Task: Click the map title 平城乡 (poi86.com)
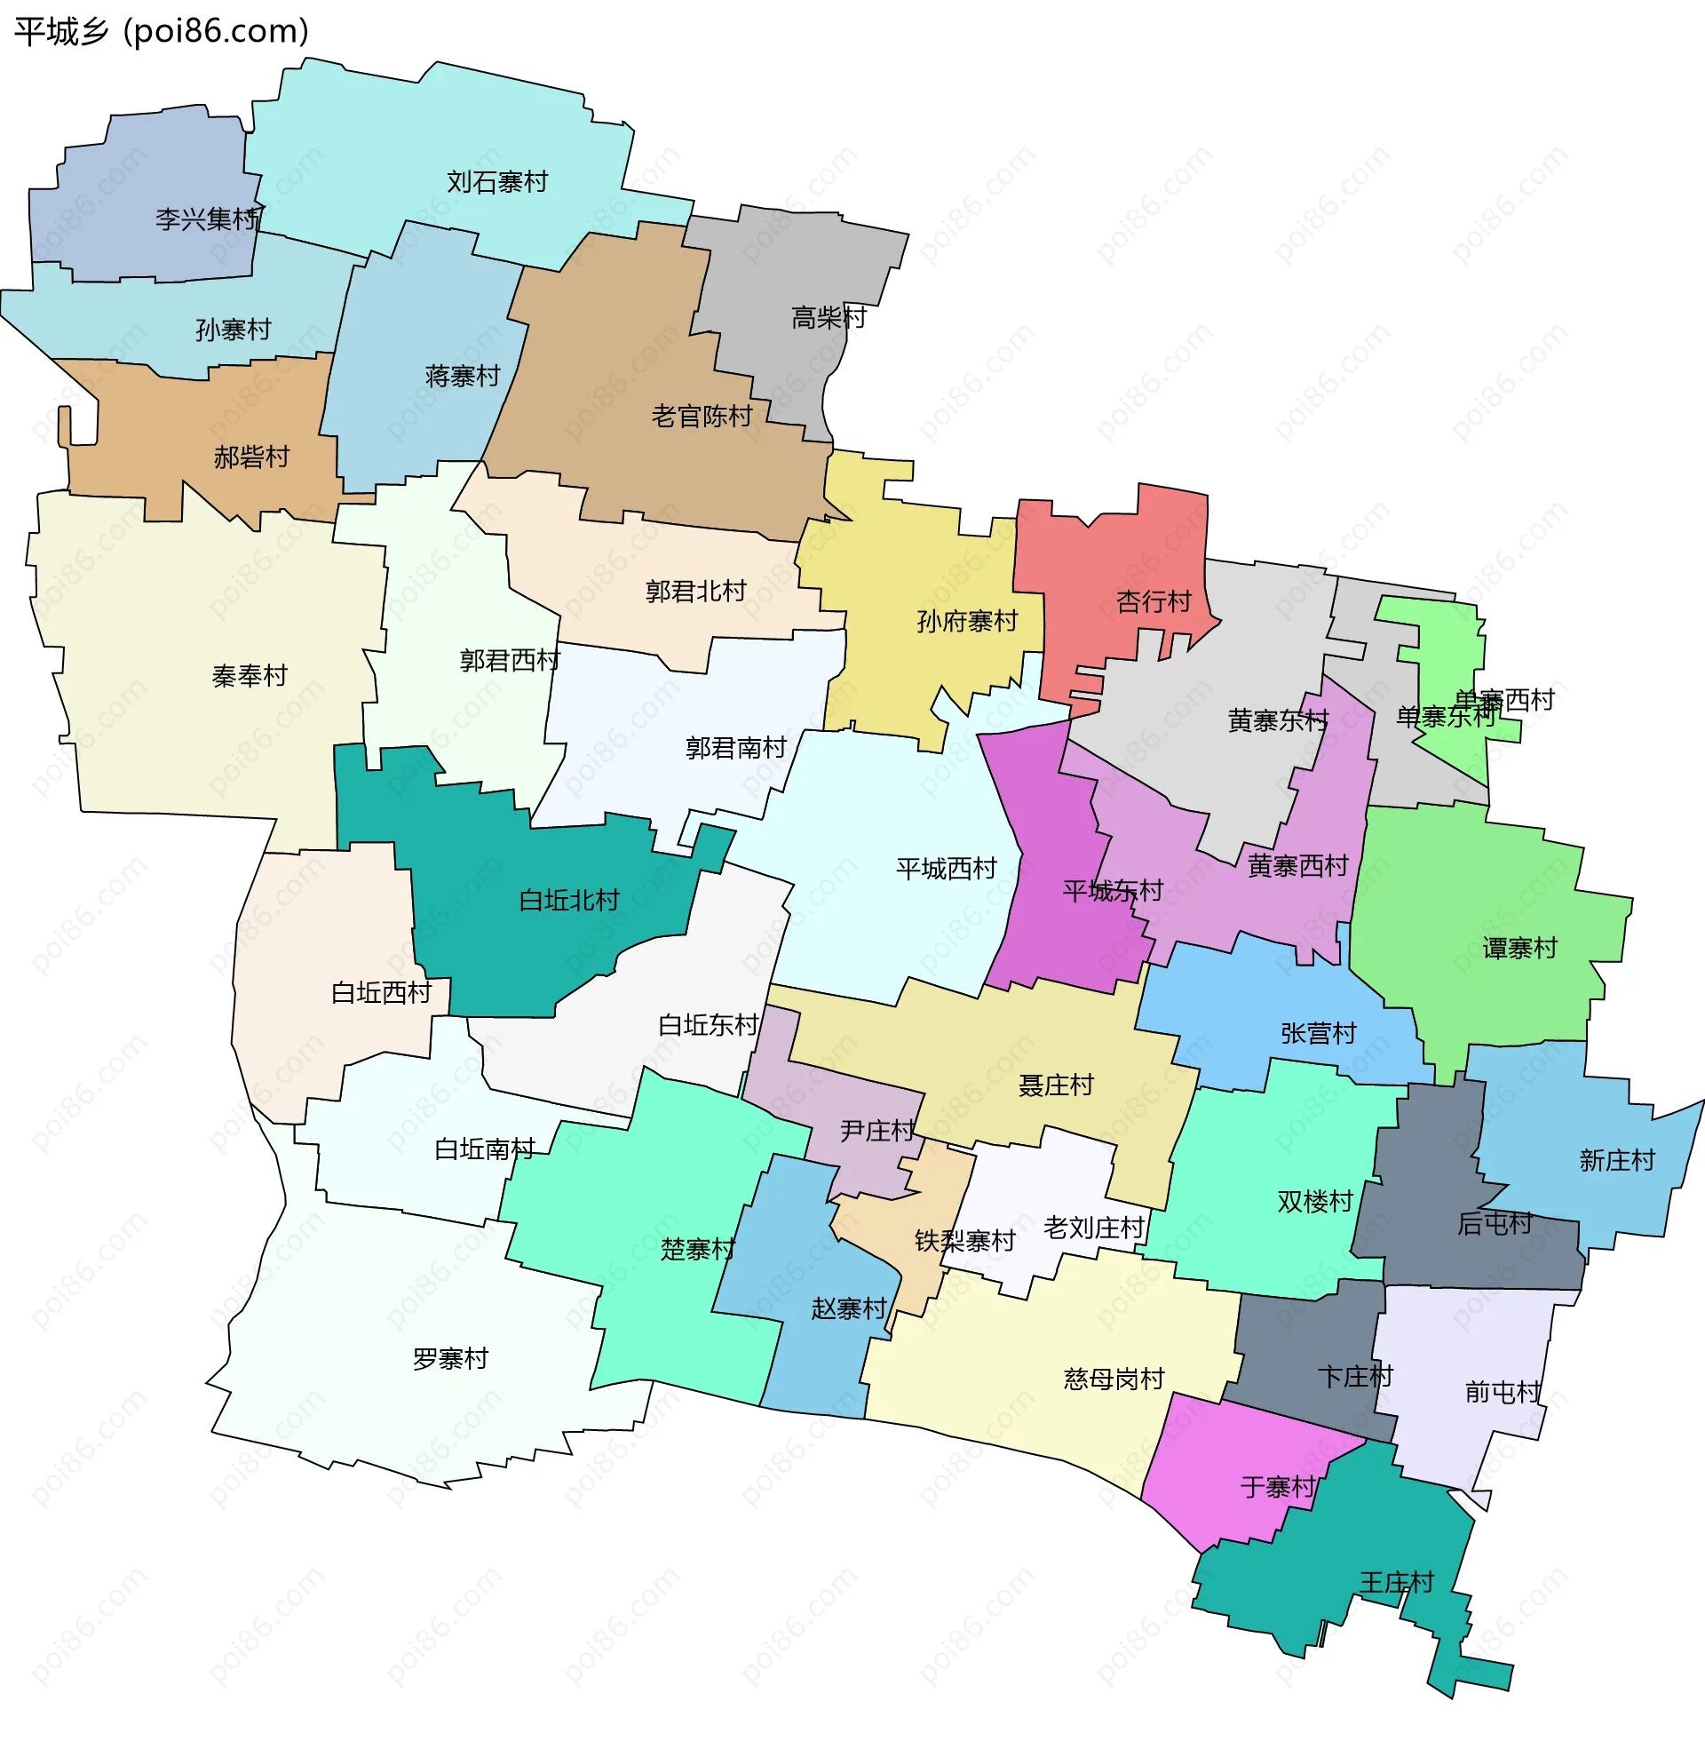click(162, 31)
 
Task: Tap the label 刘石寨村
click(497, 182)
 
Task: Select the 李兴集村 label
click(207, 219)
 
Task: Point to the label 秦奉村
click(249, 676)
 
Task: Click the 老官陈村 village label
click(702, 416)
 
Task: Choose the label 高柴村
click(829, 317)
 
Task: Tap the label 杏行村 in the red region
click(1154, 601)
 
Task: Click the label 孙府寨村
click(968, 621)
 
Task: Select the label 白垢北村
click(570, 900)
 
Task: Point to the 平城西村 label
click(947, 869)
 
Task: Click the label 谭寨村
click(1520, 948)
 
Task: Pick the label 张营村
click(1319, 1034)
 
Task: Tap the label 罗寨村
click(450, 1359)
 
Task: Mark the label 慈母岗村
click(1114, 1379)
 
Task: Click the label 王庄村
click(1397, 1582)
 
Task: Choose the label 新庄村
click(1617, 1161)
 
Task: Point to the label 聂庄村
click(1057, 1085)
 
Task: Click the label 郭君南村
click(735, 748)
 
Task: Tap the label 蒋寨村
click(463, 376)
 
